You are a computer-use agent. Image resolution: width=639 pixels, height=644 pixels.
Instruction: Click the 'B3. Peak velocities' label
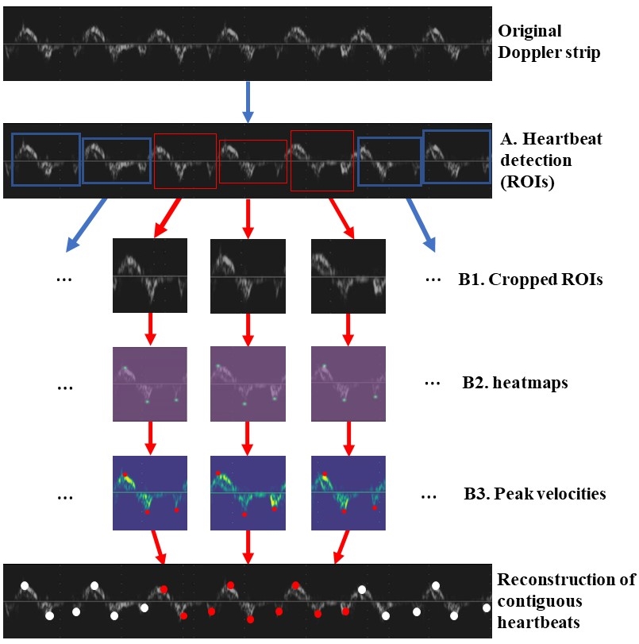pos(534,494)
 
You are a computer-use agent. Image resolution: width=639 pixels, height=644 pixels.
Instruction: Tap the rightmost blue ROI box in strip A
pos(456,156)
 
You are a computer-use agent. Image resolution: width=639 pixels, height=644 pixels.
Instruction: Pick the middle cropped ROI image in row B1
pos(247,276)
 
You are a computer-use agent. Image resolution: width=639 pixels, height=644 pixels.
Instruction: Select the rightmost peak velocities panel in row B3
pos(348,492)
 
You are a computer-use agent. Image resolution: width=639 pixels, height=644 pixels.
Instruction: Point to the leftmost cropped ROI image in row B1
pos(150,276)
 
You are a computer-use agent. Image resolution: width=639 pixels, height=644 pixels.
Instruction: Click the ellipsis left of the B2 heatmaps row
pos(66,387)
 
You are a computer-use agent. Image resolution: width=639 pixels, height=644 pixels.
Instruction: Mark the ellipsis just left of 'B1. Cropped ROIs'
pos(433,280)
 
